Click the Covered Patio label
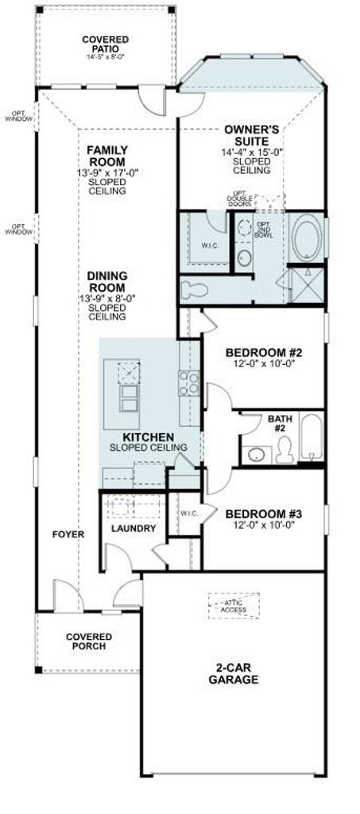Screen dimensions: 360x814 (106, 45)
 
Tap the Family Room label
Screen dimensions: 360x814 (106, 156)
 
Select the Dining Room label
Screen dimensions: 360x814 (106, 282)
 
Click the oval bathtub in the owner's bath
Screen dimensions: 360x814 (307, 238)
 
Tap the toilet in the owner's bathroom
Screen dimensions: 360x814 (195, 290)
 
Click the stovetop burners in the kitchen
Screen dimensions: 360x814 (189, 382)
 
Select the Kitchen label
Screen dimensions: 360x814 (149, 437)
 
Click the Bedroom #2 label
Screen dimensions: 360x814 (264, 353)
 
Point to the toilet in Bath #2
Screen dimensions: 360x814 (285, 450)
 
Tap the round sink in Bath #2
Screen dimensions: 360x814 (256, 455)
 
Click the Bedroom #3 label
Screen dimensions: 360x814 (264, 514)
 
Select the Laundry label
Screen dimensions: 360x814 (134, 529)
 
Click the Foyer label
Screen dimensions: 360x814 (68, 533)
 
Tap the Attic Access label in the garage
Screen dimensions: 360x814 (235, 607)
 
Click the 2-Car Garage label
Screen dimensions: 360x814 (234, 673)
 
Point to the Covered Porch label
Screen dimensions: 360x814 (89, 642)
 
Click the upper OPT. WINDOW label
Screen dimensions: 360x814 (18, 116)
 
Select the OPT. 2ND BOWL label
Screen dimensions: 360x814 (263, 230)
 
